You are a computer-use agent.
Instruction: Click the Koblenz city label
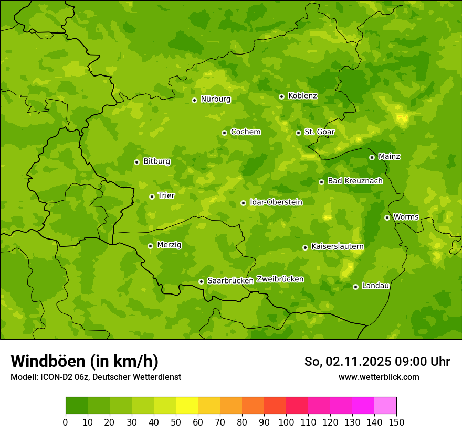(x=302, y=96)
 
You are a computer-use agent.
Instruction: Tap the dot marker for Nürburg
(x=194, y=100)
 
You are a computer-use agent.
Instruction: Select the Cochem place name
(x=245, y=132)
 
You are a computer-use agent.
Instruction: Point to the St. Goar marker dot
(x=298, y=133)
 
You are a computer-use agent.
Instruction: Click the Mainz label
(x=389, y=156)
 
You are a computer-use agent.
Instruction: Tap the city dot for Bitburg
(x=136, y=162)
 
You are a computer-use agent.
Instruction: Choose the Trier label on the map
(x=166, y=195)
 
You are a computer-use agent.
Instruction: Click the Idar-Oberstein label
(x=276, y=202)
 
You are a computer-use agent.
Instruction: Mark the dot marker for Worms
(x=387, y=217)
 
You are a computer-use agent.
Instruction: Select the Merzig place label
(x=169, y=245)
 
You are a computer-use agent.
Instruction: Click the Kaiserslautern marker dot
(x=305, y=247)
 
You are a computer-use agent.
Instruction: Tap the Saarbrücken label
(x=230, y=280)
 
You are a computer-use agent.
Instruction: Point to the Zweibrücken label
(x=280, y=279)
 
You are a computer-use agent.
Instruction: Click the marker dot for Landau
(x=355, y=287)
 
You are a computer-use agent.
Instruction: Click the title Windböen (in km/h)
(x=85, y=361)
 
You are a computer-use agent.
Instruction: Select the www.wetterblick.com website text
(x=379, y=377)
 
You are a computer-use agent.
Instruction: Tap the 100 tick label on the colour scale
(x=286, y=422)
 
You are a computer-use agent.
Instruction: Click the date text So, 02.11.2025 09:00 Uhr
(x=377, y=362)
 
